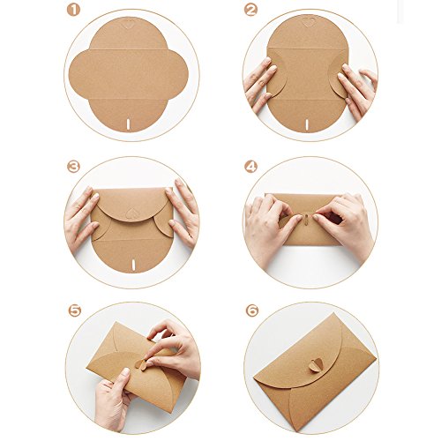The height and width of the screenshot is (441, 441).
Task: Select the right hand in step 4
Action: pyautogui.click(x=348, y=228)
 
